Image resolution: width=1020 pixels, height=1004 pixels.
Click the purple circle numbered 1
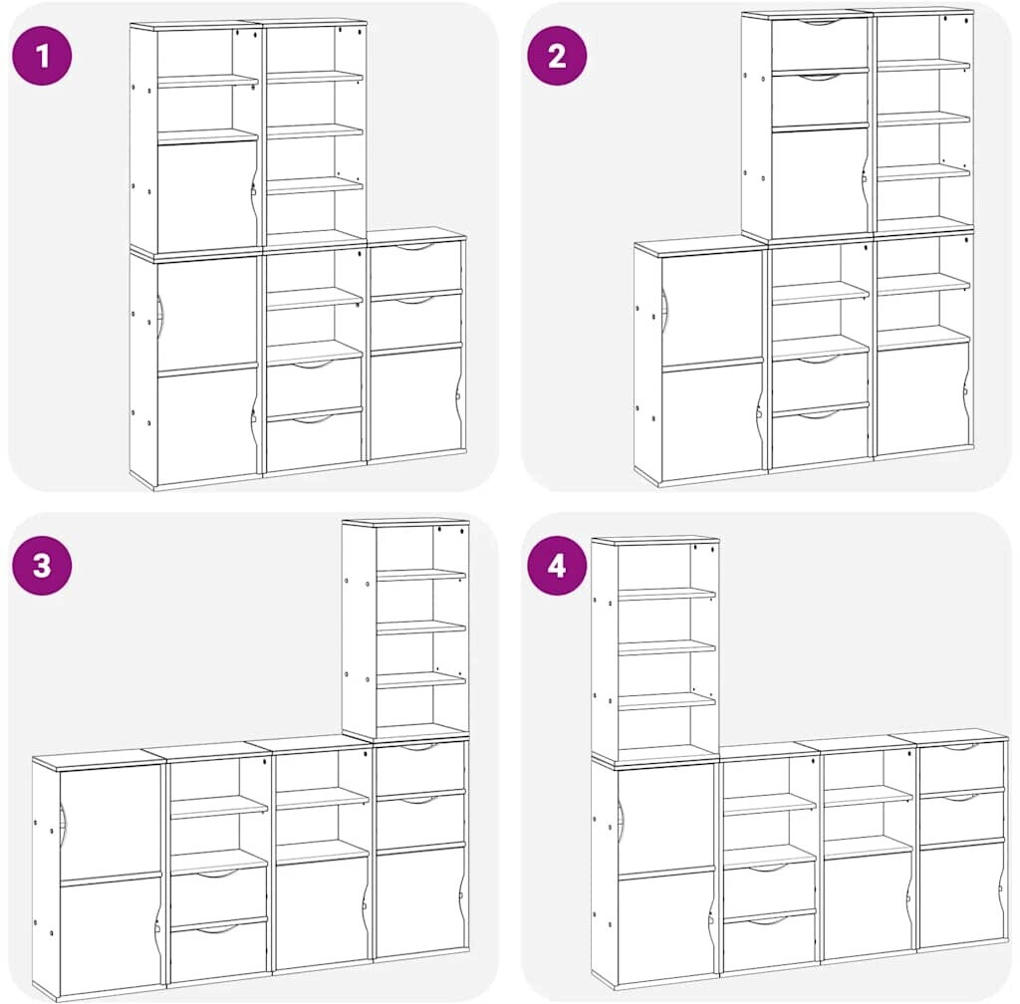[42, 55]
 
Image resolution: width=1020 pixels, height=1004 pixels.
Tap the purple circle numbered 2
[557, 56]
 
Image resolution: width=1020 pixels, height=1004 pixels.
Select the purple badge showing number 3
[42, 565]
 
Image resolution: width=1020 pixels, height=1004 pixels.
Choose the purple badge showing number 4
[557, 566]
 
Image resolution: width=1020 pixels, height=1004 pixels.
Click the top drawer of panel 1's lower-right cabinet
[415, 268]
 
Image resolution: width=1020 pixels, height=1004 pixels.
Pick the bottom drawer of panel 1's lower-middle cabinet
[314, 438]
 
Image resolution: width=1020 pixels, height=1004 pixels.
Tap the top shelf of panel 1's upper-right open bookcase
[314, 78]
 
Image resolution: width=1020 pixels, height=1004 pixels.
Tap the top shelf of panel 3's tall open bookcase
[421, 576]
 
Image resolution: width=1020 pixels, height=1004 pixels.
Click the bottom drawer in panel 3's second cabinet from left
[218, 949]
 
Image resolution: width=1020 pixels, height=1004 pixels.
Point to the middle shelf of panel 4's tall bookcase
[666, 647]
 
